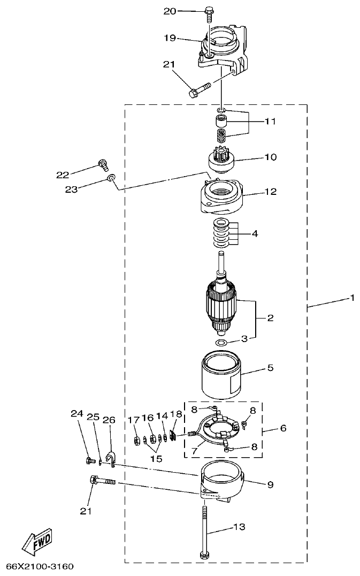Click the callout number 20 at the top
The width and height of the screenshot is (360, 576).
[170, 11]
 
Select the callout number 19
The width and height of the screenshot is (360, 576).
[170, 38]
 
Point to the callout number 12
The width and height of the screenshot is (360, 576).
[271, 192]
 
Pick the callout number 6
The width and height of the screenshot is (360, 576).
[283, 428]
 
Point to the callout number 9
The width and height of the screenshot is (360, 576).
[271, 485]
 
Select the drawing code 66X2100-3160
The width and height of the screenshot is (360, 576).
[40, 566]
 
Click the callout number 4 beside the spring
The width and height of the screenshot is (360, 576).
[255, 233]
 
